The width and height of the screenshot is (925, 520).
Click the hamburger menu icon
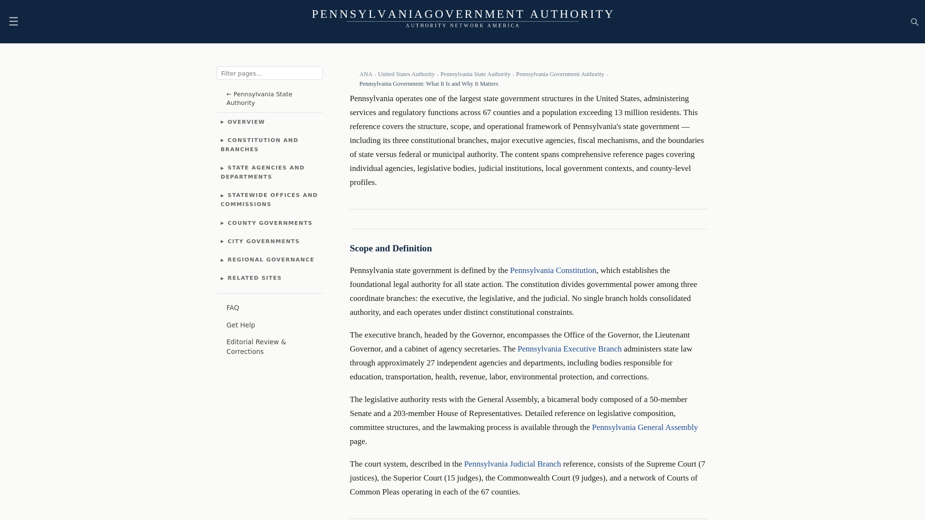tap(13, 21)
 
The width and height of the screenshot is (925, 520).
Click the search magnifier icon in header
tap(914, 22)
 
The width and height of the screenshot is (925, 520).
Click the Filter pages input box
tap(269, 73)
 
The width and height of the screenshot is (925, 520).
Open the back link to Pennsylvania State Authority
tap(259, 98)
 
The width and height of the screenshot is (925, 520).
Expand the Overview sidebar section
tap(246, 122)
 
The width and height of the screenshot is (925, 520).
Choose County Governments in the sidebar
tap(269, 223)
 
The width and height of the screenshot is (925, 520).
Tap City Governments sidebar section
tap(263, 241)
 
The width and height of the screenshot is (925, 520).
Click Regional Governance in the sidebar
tap(270, 260)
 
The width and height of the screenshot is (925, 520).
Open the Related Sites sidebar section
tap(254, 278)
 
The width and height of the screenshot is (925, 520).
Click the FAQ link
tap(233, 308)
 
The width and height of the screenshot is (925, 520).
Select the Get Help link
tap(240, 325)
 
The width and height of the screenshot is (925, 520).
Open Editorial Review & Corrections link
tap(256, 347)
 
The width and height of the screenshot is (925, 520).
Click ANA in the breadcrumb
tap(366, 74)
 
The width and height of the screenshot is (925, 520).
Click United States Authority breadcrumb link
tap(406, 74)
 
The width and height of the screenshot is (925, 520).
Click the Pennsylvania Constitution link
tap(553, 271)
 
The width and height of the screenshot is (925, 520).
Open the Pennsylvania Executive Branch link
tap(569, 349)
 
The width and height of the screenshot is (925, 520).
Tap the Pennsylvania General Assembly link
tap(644, 428)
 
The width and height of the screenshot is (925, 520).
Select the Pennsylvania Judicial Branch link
tap(512, 464)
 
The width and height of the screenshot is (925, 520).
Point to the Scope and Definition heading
tap(391, 248)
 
